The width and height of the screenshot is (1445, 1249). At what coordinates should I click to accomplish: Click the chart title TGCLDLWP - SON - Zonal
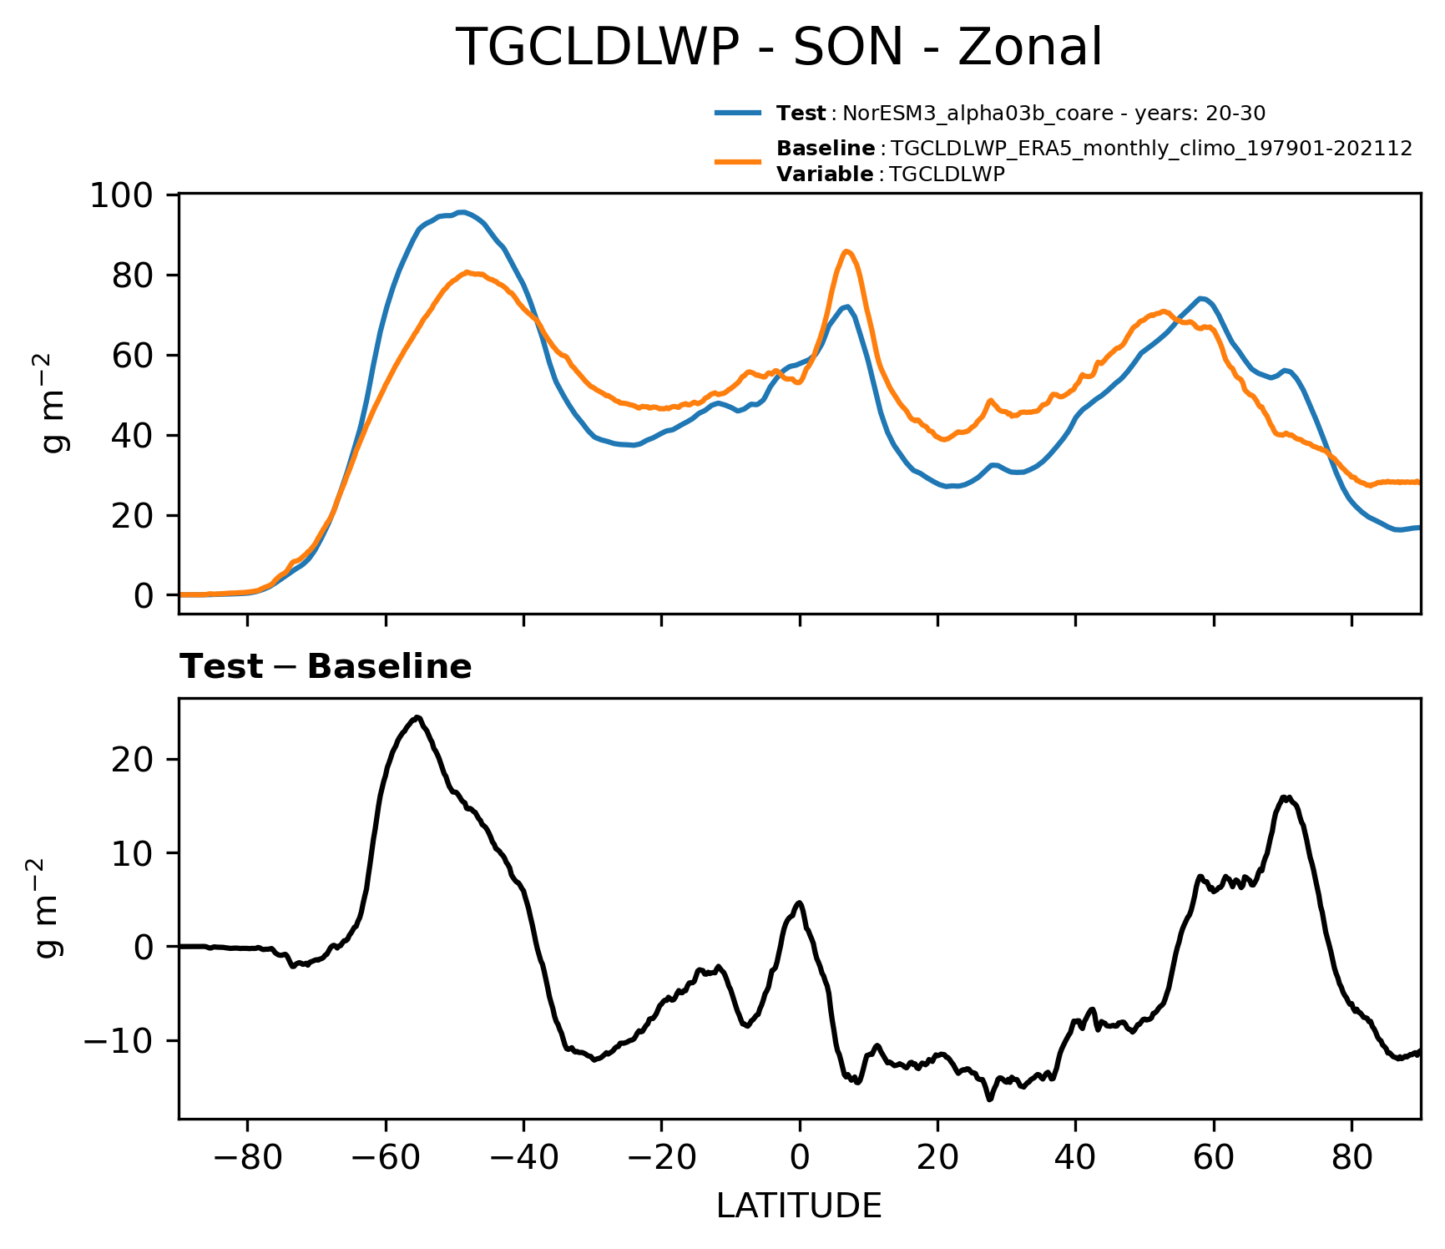[x=780, y=48]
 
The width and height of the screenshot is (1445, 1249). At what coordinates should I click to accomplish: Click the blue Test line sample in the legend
[x=738, y=113]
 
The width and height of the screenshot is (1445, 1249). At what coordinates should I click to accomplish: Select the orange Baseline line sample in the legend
[x=738, y=161]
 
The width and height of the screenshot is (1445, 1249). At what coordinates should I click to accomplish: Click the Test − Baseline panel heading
[x=326, y=667]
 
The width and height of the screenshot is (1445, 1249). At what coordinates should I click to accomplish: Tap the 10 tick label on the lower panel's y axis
[x=132, y=854]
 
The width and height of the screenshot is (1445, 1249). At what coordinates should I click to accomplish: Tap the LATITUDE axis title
[x=799, y=1206]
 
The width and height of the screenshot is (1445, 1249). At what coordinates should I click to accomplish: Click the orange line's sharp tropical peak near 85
[x=846, y=250]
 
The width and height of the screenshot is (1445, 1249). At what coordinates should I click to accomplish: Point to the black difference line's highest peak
[x=417, y=717]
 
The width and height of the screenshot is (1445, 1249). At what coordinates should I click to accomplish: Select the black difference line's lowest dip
[x=989, y=1100]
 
